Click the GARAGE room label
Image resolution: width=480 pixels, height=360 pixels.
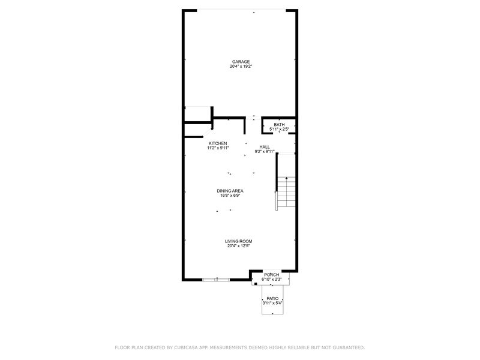(x=241, y=62)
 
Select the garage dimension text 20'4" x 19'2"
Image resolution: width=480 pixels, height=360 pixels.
(x=241, y=66)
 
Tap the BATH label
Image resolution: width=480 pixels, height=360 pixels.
(x=279, y=125)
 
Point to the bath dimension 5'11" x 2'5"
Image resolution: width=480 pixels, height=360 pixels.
(x=279, y=129)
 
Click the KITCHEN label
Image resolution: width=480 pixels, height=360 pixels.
(x=218, y=143)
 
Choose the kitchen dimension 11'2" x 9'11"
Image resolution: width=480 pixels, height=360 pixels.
(x=218, y=148)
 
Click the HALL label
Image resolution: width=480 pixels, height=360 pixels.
(x=265, y=147)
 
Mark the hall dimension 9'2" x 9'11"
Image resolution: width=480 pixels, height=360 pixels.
(x=265, y=151)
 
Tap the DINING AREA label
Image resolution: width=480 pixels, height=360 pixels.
(x=230, y=191)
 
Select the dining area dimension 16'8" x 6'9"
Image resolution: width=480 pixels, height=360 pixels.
(x=230, y=196)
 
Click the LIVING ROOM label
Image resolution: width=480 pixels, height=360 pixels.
(x=238, y=241)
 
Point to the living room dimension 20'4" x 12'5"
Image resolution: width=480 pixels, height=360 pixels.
(x=238, y=245)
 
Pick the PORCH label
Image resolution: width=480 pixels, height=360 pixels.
(x=272, y=275)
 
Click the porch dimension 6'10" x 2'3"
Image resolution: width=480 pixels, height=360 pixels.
(x=272, y=279)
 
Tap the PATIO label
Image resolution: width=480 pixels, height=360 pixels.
(x=272, y=298)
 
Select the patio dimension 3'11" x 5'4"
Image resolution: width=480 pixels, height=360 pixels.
(x=272, y=303)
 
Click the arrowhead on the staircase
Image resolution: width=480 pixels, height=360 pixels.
(x=286, y=178)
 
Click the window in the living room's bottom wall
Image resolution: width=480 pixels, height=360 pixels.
(x=216, y=280)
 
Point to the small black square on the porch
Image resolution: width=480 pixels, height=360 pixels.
(x=256, y=284)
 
